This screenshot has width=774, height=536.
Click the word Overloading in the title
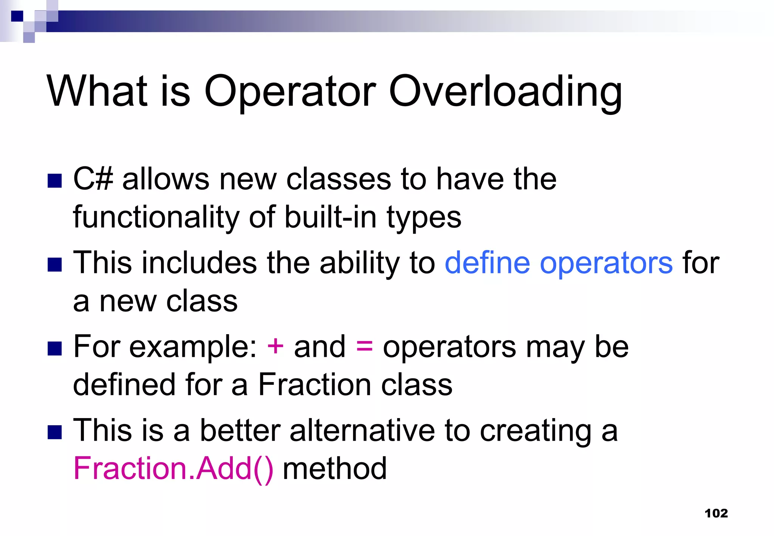point(505,92)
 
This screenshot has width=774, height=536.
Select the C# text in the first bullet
point(93,179)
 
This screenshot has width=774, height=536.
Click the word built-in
point(330,217)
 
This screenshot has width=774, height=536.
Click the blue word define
point(487,263)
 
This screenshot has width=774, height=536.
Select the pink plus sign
point(275,346)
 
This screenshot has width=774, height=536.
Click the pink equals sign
point(364,346)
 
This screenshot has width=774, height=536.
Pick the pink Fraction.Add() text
point(173,469)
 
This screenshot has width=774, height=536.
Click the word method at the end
point(334,469)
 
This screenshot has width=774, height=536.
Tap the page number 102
point(716,513)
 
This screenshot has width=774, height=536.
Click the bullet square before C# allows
point(55,181)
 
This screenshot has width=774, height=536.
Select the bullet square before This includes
point(55,265)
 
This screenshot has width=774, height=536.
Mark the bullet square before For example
point(55,349)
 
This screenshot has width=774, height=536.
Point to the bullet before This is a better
point(55,432)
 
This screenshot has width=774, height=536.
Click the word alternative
point(362,431)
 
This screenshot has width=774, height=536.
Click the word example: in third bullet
point(193,347)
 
